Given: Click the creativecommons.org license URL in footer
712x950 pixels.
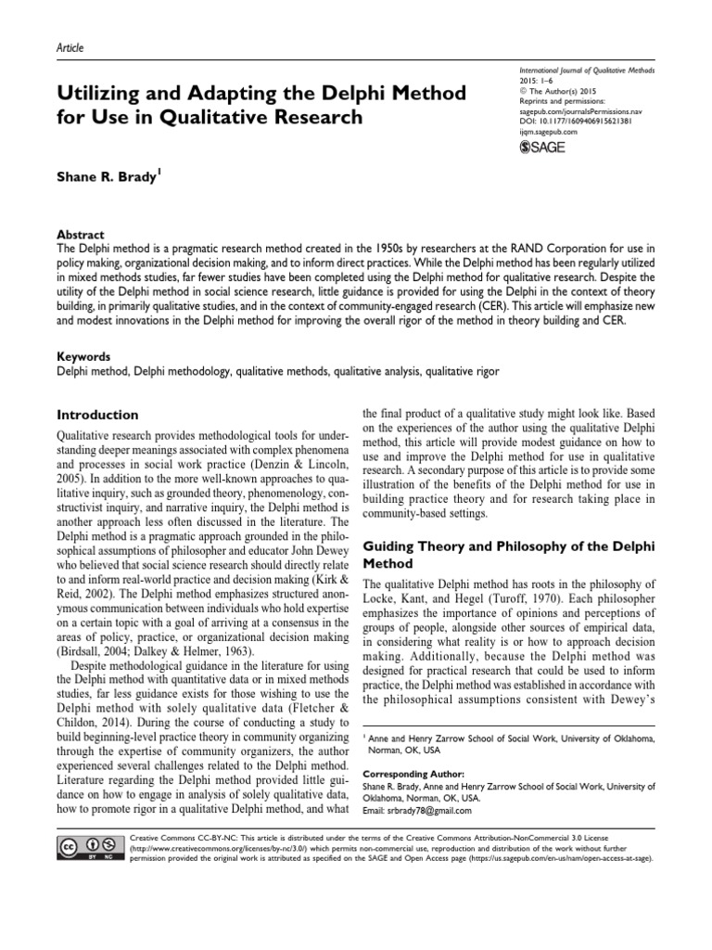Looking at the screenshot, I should click(201, 849).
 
